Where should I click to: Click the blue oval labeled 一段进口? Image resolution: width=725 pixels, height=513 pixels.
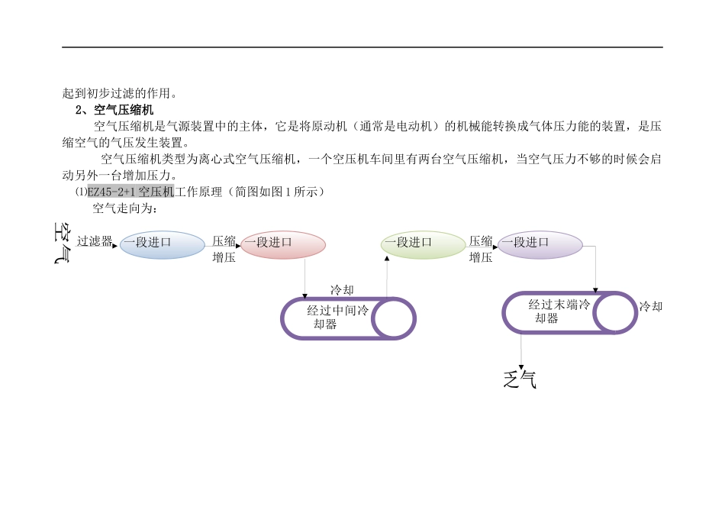point(163,245)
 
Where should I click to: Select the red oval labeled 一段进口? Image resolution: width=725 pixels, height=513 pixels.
point(283,245)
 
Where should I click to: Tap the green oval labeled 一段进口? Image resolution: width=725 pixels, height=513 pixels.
point(423,245)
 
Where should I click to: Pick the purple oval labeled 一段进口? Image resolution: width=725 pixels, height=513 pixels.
point(540,245)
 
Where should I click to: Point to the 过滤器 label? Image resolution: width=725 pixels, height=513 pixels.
point(95,241)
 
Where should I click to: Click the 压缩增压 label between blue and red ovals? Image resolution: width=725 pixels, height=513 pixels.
point(224,249)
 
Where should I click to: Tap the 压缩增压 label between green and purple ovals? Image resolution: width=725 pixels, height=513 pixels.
point(481,249)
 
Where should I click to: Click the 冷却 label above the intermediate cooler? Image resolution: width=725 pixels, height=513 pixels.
point(342,290)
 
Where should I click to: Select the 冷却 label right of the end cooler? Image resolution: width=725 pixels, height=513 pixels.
point(651,306)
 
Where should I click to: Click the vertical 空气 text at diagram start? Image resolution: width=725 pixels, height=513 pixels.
point(63,243)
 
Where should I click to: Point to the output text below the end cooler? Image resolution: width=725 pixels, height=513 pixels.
point(520,379)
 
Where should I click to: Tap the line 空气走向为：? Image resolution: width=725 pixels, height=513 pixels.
point(124,208)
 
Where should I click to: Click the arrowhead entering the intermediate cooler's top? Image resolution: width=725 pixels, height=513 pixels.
point(305,295)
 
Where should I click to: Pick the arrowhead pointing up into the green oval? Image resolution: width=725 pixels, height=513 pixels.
point(388,260)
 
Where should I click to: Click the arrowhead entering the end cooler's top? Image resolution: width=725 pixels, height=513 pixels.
point(596,291)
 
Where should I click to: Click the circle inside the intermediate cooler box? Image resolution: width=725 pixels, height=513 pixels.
point(393,318)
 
